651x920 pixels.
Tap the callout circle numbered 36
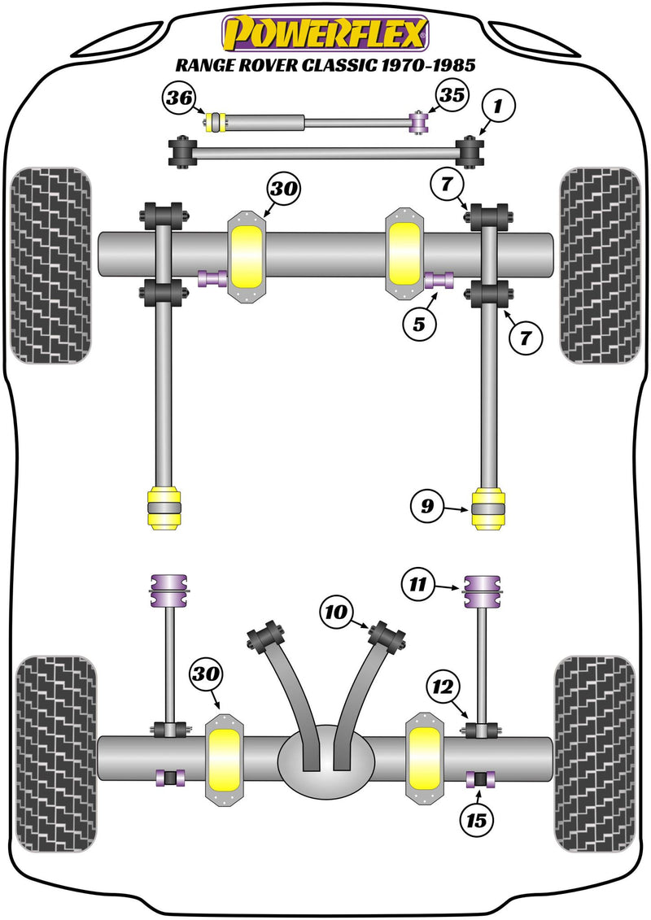pos(178,99)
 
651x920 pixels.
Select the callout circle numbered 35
pos(452,95)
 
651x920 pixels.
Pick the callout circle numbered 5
pos(418,325)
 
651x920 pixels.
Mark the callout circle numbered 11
pos(417,582)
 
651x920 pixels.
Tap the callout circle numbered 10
pos(335,610)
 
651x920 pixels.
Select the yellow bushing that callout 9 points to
pos(489,508)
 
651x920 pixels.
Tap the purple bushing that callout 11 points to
pos(481,591)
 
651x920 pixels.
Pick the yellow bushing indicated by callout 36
pos(216,123)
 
